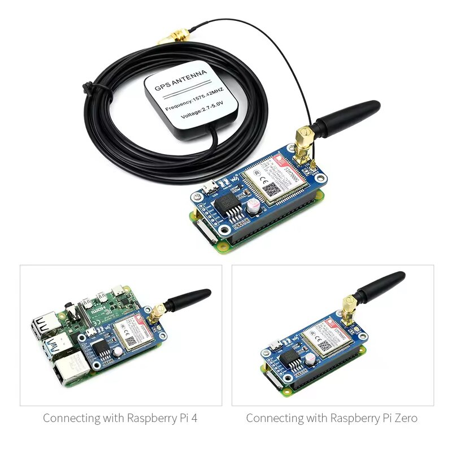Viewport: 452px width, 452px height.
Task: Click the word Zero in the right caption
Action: (406, 419)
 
